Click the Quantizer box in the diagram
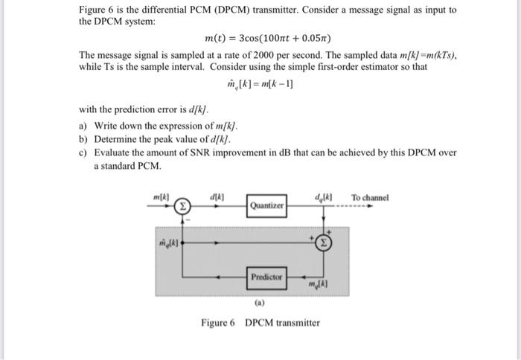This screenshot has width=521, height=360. (x=267, y=205)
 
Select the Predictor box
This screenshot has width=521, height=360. (x=267, y=276)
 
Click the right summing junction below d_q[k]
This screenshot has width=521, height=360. (x=323, y=241)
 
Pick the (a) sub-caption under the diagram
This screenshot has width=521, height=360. (x=260, y=303)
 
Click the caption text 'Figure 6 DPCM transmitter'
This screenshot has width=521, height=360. (x=260, y=322)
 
